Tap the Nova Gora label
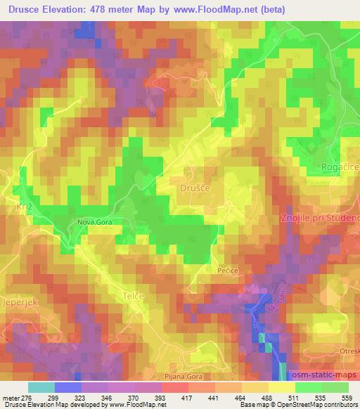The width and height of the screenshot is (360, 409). (96, 222)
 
